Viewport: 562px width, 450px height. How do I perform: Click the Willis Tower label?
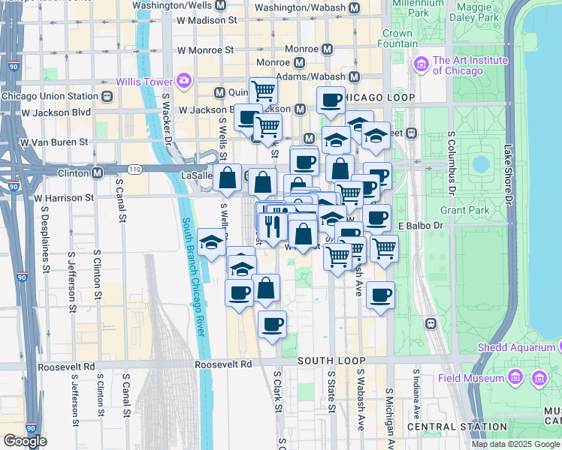tap(143, 80)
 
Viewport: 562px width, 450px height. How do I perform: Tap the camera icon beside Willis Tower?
tap(183, 80)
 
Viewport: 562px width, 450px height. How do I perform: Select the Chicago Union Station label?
tap(50, 96)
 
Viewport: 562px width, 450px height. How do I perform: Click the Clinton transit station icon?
tap(97, 172)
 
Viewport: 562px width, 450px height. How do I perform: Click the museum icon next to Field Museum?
tap(538, 378)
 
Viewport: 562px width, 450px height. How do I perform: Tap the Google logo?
tap(25, 441)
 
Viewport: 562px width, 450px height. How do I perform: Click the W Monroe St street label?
tap(205, 49)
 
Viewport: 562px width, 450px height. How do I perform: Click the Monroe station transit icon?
tap(328, 49)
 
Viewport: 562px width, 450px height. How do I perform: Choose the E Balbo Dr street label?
tap(416, 225)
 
